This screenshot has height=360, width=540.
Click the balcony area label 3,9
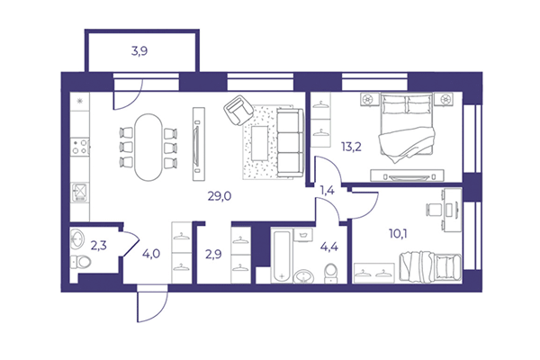pos(139,51)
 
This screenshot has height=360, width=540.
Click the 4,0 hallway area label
pos(151,253)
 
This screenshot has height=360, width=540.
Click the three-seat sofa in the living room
pos(289,142)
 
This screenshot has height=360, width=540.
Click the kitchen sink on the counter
pos(79,193)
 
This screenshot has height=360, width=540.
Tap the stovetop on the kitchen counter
pos(79,145)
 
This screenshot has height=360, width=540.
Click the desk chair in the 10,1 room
pos(430,210)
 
